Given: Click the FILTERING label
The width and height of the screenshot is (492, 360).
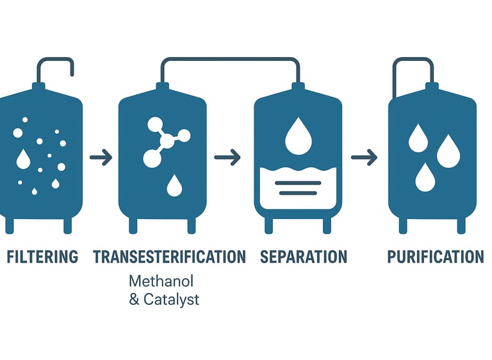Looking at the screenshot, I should coord(42,258).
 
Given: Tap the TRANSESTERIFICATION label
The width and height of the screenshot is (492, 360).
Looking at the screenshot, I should coord(169,258).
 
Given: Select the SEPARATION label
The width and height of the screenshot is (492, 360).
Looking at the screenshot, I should coord(304,258).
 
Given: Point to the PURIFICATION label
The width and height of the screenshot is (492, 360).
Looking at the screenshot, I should coord(436,258).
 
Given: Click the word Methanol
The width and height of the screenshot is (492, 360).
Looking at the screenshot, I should coord(161,281).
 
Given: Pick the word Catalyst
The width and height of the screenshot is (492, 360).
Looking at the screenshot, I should coord(171,299).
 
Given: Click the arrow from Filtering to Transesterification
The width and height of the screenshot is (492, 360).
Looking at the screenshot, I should coord(101,157).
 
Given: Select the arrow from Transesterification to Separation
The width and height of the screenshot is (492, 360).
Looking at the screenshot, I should coord(227,157).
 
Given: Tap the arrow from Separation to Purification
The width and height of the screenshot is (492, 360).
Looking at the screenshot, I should coord(364,157).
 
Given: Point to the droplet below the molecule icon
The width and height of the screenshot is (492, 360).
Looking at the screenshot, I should coord(173,185).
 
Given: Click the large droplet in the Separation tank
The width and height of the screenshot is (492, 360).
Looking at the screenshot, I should coord(297,136).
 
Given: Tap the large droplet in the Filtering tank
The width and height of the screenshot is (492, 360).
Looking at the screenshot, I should coord(23,158).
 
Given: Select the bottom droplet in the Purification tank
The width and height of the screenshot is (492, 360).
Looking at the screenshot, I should coord(425,177).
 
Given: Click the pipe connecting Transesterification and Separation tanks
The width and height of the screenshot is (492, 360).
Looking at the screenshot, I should coord(230,60).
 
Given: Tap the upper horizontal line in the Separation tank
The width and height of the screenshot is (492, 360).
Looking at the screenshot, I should coord(297,183).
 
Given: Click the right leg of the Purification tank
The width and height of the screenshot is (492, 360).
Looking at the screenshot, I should coord(461,225).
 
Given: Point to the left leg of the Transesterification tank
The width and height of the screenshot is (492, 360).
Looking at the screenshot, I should coord(133,225).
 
